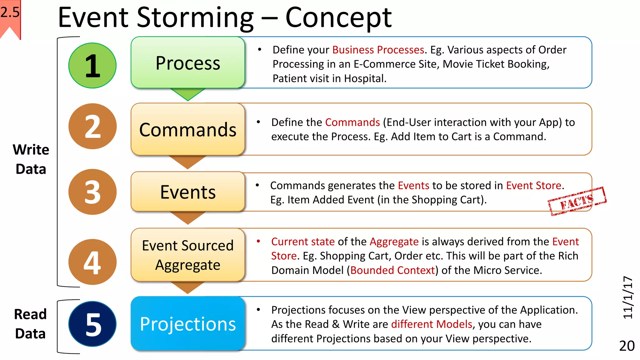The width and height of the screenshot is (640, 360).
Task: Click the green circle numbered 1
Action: (x=92, y=66)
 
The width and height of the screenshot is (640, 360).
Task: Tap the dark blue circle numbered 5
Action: (x=92, y=324)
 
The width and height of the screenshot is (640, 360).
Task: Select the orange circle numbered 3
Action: (x=92, y=192)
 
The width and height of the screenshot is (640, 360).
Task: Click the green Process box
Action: (x=188, y=63)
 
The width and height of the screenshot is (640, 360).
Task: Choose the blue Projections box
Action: (x=188, y=324)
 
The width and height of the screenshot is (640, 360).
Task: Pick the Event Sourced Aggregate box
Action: (x=188, y=255)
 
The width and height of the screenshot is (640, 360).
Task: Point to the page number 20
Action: (x=627, y=346)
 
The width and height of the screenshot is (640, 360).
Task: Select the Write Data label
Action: (x=31, y=159)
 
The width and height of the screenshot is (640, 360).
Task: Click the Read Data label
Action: (x=30, y=324)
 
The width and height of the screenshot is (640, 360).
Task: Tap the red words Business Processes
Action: (x=378, y=50)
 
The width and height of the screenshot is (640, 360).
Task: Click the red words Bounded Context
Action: (x=392, y=270)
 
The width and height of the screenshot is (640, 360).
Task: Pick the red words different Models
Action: (x=432, y=324)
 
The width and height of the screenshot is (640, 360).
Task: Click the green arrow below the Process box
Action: (x=188, y=94)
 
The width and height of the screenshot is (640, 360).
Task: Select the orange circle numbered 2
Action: (x=92, y=126)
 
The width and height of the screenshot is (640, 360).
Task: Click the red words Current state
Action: (x=303, y=242)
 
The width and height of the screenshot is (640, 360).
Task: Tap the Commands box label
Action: (x=188, y=130)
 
